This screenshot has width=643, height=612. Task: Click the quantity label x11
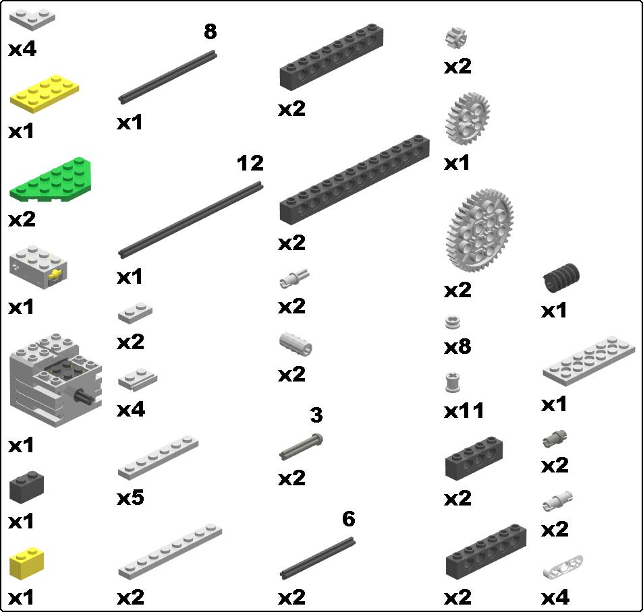[464, 410]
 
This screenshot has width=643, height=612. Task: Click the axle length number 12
[250, 163]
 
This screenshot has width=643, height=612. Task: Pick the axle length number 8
[211, 32]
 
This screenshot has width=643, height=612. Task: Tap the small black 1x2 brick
[27, 487]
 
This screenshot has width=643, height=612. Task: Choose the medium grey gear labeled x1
[468, 119]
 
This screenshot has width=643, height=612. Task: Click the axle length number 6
[348, 519]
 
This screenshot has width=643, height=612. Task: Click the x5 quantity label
[130, 497]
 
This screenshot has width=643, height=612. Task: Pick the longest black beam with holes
[354, 180]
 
